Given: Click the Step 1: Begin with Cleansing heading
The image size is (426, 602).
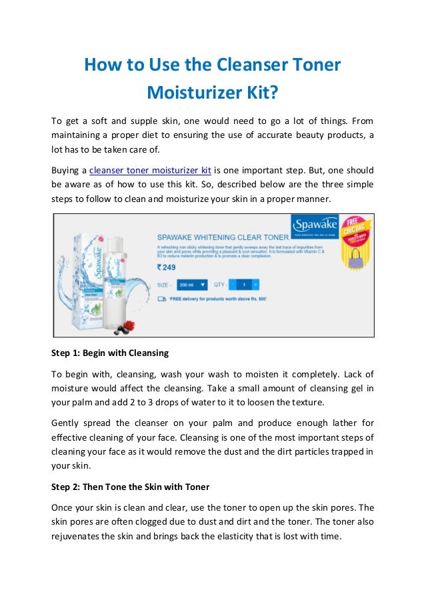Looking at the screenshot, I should (x=110, y=353).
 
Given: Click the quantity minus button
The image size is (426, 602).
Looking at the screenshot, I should (x=233, y=284).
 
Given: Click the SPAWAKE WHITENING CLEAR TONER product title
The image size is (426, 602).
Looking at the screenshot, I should (x=222, y=236).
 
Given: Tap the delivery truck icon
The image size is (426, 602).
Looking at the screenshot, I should (x=161, y=299).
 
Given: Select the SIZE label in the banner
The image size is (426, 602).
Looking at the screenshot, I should (x=164, y=284).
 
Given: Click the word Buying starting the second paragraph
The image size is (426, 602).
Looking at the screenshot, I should (x=67, y=169).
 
